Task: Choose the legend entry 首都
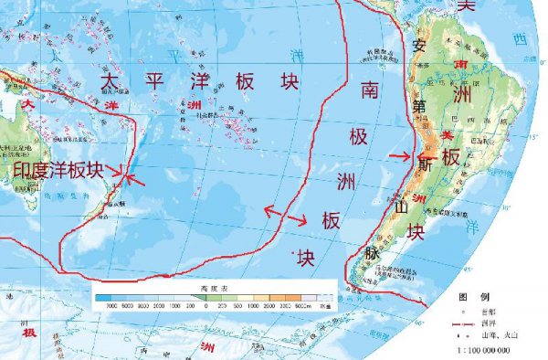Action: click(x=485, y=311)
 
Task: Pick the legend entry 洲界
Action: click(x=485, y=323)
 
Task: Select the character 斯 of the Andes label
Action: click(x=426, y=164)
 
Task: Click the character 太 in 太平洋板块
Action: click(x=108, y=80)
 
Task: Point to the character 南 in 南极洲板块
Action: click(x=369, y=90)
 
